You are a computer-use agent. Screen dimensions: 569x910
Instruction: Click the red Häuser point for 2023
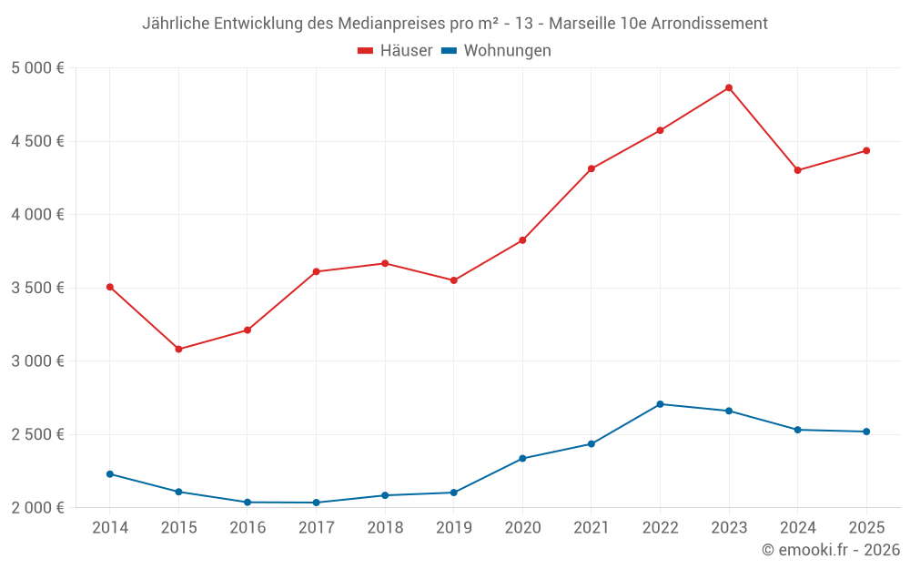(729, 87)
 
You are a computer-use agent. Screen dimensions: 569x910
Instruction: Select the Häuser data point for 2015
(178, 349)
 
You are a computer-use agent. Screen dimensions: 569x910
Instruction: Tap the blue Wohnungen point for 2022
(660, 404)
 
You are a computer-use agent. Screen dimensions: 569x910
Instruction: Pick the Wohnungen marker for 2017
(316, 503)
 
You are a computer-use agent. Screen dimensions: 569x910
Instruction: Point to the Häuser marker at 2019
(453, 280)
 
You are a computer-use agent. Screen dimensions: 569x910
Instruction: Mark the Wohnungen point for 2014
(109, 474)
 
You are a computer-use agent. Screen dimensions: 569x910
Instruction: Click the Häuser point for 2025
(866, 150)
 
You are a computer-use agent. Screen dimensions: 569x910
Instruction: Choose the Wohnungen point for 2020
(522, 458)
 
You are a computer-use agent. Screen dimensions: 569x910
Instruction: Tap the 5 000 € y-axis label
(37, 68)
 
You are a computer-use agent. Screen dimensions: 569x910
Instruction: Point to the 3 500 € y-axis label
(37, 288)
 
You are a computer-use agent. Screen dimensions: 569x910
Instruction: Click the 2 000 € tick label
(37, 507)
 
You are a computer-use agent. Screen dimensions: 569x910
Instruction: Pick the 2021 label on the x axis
(591, 528)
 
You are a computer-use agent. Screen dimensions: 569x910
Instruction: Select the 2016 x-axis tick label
(248, 528)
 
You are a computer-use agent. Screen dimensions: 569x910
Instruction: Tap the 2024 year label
(798, 528)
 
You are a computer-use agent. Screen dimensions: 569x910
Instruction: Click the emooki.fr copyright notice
(831, 550)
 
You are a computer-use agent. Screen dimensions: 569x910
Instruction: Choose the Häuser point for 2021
(591, 168)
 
